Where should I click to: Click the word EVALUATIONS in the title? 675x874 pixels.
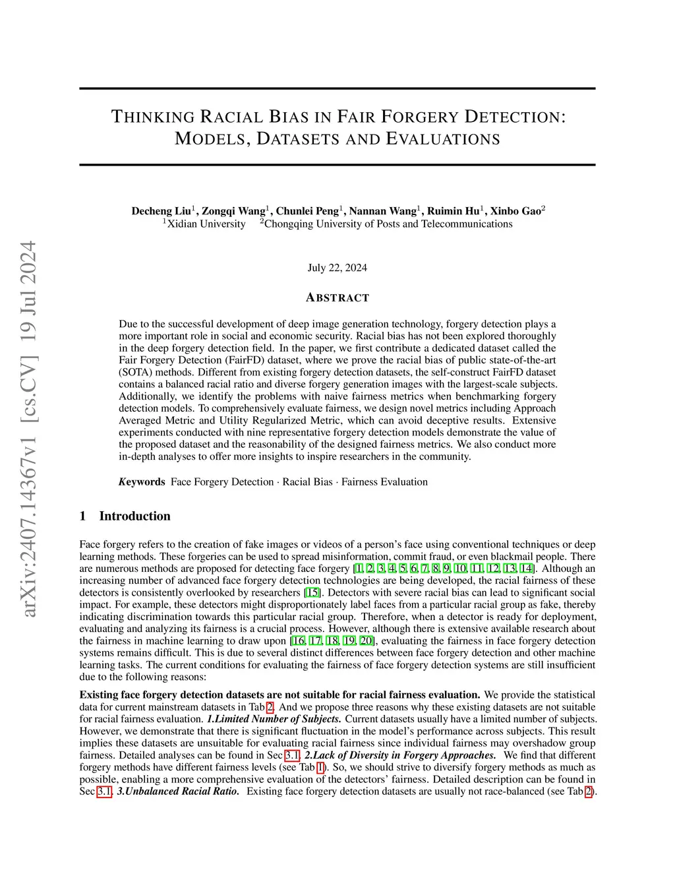(442, 139)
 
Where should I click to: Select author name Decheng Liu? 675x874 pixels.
(161, 211)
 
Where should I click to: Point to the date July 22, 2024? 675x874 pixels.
(337, 268)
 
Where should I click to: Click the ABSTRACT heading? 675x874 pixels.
(337, 297)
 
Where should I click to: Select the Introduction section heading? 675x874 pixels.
(134, 516)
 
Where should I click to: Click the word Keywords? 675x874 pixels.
(142, 482)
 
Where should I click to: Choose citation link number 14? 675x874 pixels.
(527, 569)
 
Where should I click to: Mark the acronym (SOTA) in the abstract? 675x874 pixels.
(132, 372)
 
